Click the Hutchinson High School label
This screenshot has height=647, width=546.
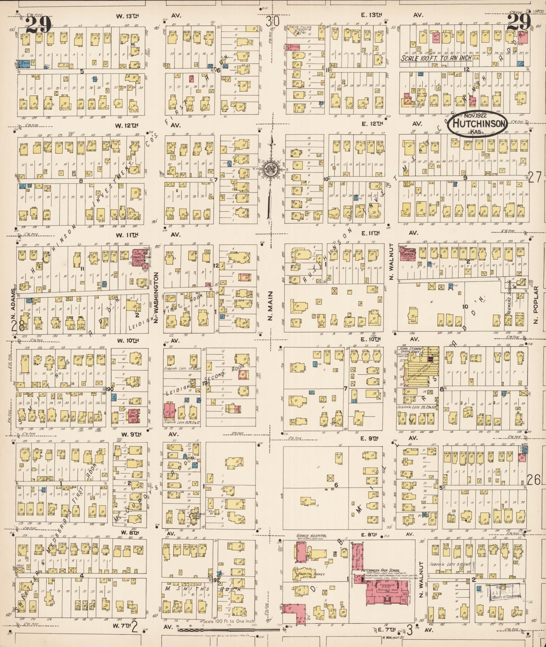coord(380,570)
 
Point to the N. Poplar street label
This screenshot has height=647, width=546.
coord(535,305)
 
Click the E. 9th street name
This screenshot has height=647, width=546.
coord(369,438)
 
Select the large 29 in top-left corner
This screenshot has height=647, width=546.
coord(38,24)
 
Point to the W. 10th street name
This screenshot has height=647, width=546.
coord(127,340)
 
